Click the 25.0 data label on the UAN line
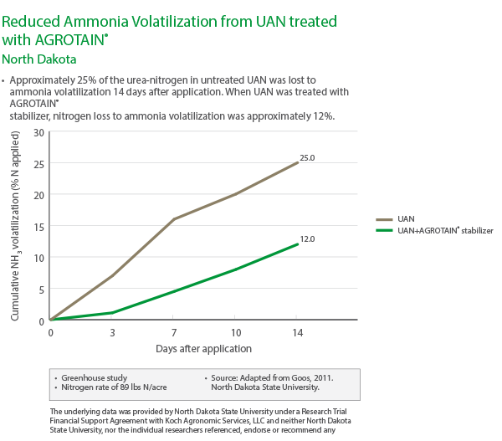[x=307, y=157]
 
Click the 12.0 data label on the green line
[x=307, y=239]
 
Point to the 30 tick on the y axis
[x=39, y=132]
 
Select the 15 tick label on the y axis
[x=39, y=227]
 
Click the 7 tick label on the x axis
[x=173, y=332]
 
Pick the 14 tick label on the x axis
[x=296, y=332]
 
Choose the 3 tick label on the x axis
[x=111, y=332]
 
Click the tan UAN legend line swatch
[x=386, y=218]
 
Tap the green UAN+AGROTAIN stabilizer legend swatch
[x=386, y=229]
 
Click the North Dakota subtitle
[x=39, y=59]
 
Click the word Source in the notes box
[x=224, y=377]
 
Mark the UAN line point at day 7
[x=173, y=219]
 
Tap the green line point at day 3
[x=111, y=313]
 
